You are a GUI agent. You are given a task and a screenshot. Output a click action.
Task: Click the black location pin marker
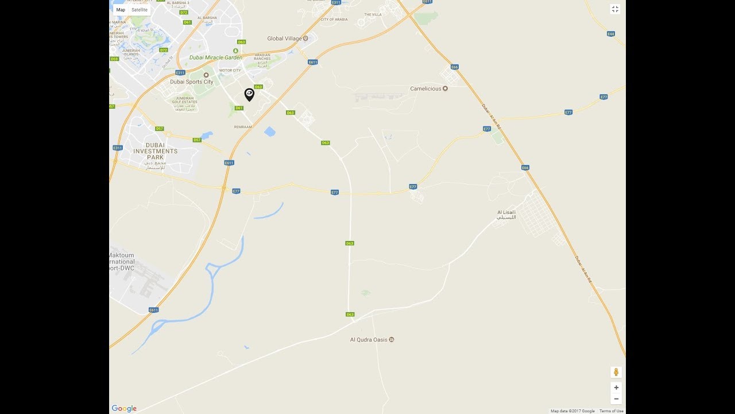click(x=249, y=94)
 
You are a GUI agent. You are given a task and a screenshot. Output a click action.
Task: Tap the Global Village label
click(x=285, y=39)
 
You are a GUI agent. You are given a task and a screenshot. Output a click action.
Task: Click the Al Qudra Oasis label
click(x=369, y=340)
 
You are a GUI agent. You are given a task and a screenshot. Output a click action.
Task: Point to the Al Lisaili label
click(x=506, y=214)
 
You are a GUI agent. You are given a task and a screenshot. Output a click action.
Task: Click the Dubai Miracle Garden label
click(x=216, y=57)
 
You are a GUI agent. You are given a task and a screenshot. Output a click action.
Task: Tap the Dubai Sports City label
click(x=192, y=82)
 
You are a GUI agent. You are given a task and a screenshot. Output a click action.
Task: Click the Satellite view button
click(x=140, y=10)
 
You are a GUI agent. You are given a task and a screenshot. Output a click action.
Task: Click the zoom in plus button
click(x=616, y=388)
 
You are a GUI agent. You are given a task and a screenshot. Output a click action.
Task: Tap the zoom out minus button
click(x=616, y=399)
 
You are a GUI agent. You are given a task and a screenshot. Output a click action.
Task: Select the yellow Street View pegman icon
click(x=616, y=372)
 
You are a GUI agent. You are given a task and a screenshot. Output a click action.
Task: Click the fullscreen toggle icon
click(x=615, y=9)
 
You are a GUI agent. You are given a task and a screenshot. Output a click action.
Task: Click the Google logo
click(x=124, y=408)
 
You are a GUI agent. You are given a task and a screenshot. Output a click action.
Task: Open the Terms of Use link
click(x=612, y=411)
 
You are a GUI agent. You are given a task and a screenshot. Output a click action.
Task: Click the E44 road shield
click(x=611, y=34)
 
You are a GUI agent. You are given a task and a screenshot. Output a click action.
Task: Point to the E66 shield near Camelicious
click(x=455, y=67)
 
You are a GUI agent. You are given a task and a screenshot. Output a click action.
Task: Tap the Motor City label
click(x=230, y=71)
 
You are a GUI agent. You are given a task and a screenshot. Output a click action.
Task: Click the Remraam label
click(x=243, y=126)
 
